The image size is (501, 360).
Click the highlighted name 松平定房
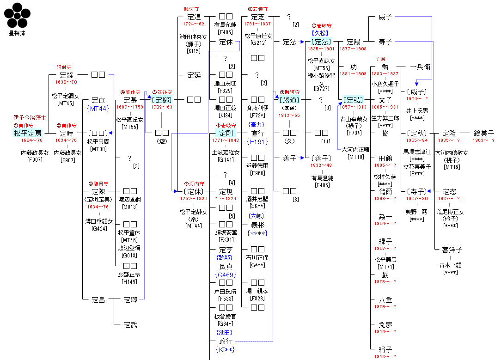pyautogui.click(x=28, y=133)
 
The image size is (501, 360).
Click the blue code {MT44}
pyautogui.click(x=97, y=108)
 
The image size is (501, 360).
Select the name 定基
pyautogui.click(x=130, y=100)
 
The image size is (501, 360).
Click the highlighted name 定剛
pyautogui.click(x=226, y=133)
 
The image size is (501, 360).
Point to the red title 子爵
pyautogui.click(x=380, y=59)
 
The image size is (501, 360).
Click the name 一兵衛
pyautogui.click(x=420, y=67)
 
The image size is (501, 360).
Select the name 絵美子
pyautogui.click(x=483, y=133)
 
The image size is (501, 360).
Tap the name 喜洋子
pyautogui.click(x=452, y=250)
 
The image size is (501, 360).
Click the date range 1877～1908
pyautogui.click(x=353, y=49)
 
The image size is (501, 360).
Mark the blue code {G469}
pyautogui.click(x=226, y=275)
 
